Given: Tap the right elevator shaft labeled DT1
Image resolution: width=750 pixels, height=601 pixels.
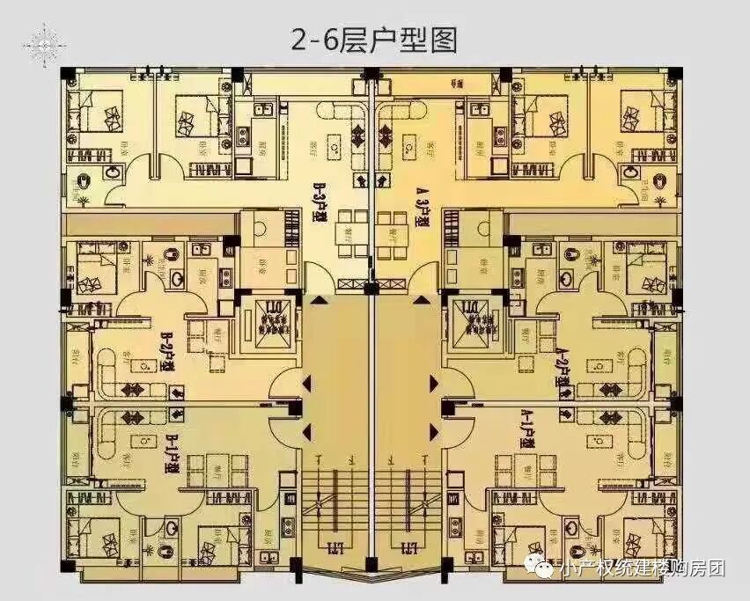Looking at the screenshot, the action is click(471, 318).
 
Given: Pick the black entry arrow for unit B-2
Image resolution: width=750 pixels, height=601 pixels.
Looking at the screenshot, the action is click(307, 383).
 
